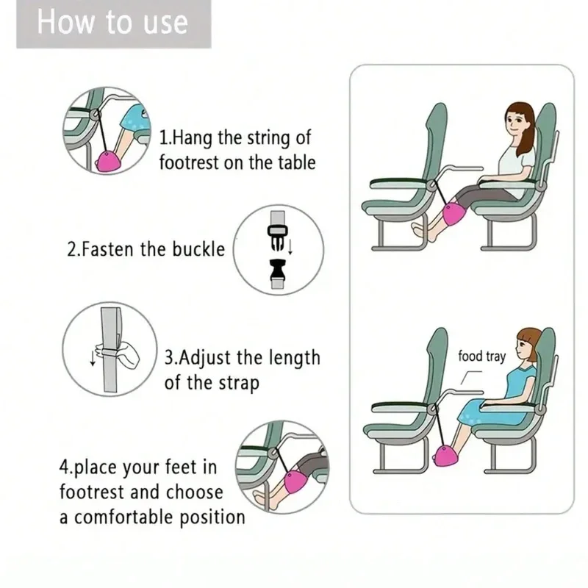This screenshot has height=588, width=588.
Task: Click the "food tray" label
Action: point(481,356)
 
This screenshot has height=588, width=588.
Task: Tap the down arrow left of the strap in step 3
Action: point(93,359)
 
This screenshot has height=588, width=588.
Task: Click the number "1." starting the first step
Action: point(166,137)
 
